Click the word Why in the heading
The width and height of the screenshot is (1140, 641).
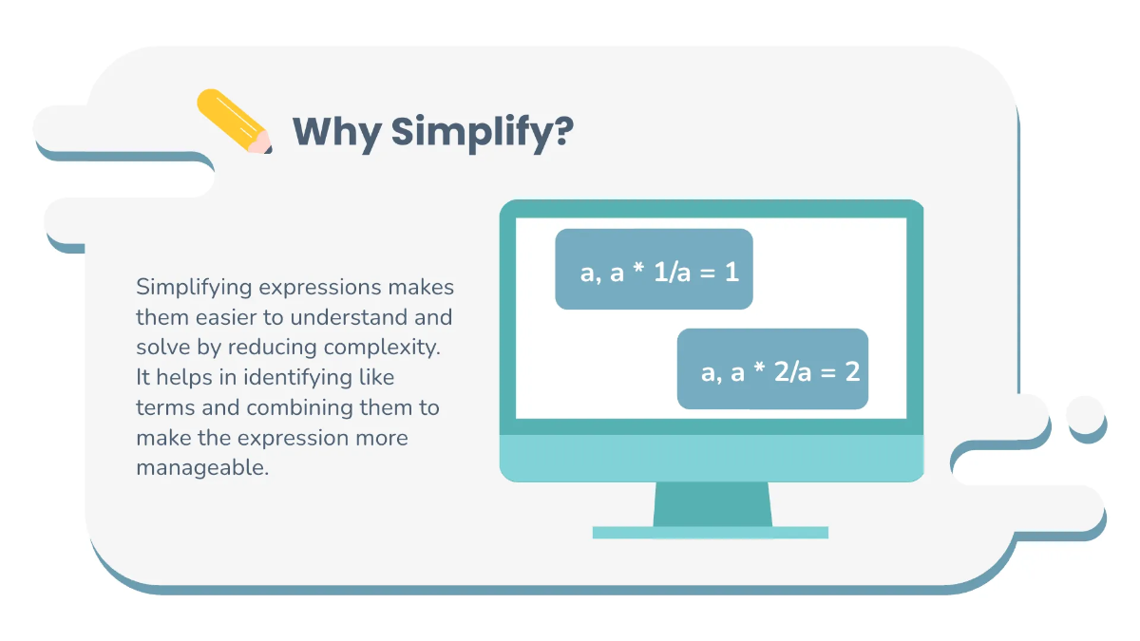335,132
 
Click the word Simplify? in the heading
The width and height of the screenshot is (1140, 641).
482,132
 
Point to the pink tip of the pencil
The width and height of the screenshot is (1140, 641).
259,143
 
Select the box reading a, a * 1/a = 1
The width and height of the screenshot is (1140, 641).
654,270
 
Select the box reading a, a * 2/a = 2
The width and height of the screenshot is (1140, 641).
771,369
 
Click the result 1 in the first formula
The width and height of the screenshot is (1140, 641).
731,273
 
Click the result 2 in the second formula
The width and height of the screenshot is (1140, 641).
852,371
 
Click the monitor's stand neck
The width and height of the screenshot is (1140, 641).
712,503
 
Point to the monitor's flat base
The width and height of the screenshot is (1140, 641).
710,533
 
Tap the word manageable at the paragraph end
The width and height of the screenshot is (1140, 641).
202,468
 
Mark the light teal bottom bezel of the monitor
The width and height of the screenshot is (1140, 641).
712,459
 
